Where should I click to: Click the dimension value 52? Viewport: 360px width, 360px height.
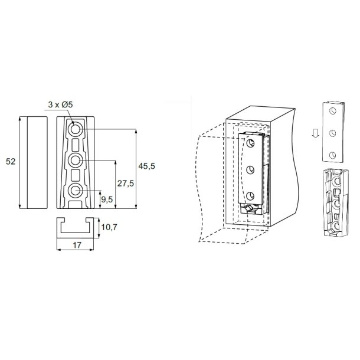click(10, 162)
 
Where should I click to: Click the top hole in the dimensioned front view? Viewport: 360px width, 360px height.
click(76, 129)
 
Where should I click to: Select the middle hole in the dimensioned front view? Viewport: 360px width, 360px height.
click(76, 160)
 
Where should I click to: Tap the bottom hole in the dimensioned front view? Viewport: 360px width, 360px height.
click(76, 191)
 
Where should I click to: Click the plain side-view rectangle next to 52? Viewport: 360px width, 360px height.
click(35, 162)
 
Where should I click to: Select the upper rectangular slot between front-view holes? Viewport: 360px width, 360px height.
click(76, 145)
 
